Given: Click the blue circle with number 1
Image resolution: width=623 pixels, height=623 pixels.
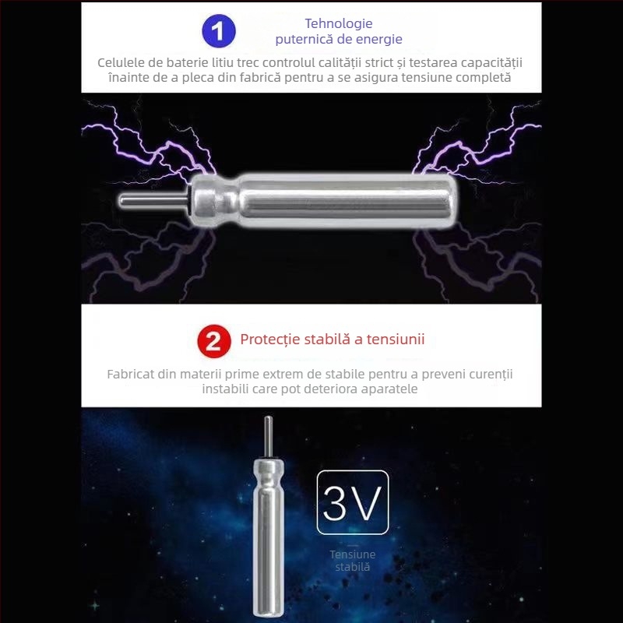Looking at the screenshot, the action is click(x=219, y=31).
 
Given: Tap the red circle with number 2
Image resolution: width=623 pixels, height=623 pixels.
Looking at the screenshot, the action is click(x=214, y=341).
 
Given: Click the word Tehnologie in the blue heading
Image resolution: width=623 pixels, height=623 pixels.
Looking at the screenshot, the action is click(x=339, y=23).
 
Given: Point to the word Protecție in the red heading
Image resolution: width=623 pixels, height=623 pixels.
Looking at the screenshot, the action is click(x=270, y=340).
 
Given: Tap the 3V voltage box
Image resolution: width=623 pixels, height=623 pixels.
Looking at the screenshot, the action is click(x=353, y=502).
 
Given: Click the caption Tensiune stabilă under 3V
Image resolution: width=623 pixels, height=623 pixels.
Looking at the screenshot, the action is click(x=353, y=561).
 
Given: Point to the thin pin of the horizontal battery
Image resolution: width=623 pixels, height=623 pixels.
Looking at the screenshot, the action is click(x=153, y=200).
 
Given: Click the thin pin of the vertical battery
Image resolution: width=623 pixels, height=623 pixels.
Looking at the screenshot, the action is click(x=268, y=437).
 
